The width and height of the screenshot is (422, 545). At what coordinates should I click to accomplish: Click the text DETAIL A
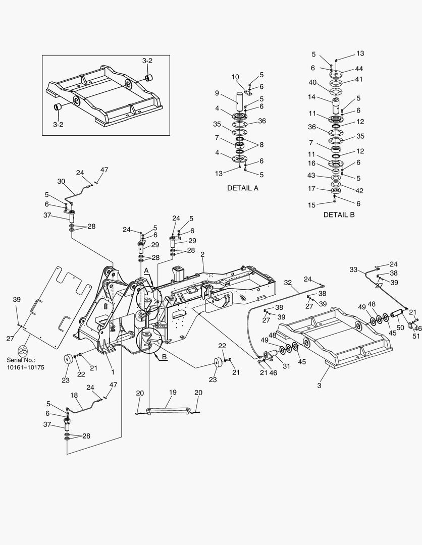tap(242, 188)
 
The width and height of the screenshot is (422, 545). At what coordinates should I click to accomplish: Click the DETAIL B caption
tap(339, 214)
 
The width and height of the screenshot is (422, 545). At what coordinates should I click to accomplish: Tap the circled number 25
tap(23, 351)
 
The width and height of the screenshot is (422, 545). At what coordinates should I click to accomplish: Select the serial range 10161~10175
tap(25, 367)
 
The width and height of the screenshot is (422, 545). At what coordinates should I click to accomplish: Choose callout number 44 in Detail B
tap(359, 69)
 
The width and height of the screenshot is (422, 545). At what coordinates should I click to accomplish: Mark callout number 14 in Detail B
tap(312, 96)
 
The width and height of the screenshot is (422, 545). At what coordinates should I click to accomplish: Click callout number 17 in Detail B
tap(312, 188)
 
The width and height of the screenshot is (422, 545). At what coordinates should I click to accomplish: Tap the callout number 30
tap(61, 181)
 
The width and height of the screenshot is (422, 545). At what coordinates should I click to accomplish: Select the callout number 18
tap(74, 395)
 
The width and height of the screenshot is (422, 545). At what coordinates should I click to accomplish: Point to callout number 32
tap(288, 283)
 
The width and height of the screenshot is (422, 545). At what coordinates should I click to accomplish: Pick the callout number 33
tap(353, 269)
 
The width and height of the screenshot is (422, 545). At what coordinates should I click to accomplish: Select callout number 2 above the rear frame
tap(202, 254)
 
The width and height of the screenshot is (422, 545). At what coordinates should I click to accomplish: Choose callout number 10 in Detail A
tap(235, 77)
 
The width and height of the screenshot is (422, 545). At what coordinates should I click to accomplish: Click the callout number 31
tap(286, 366)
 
